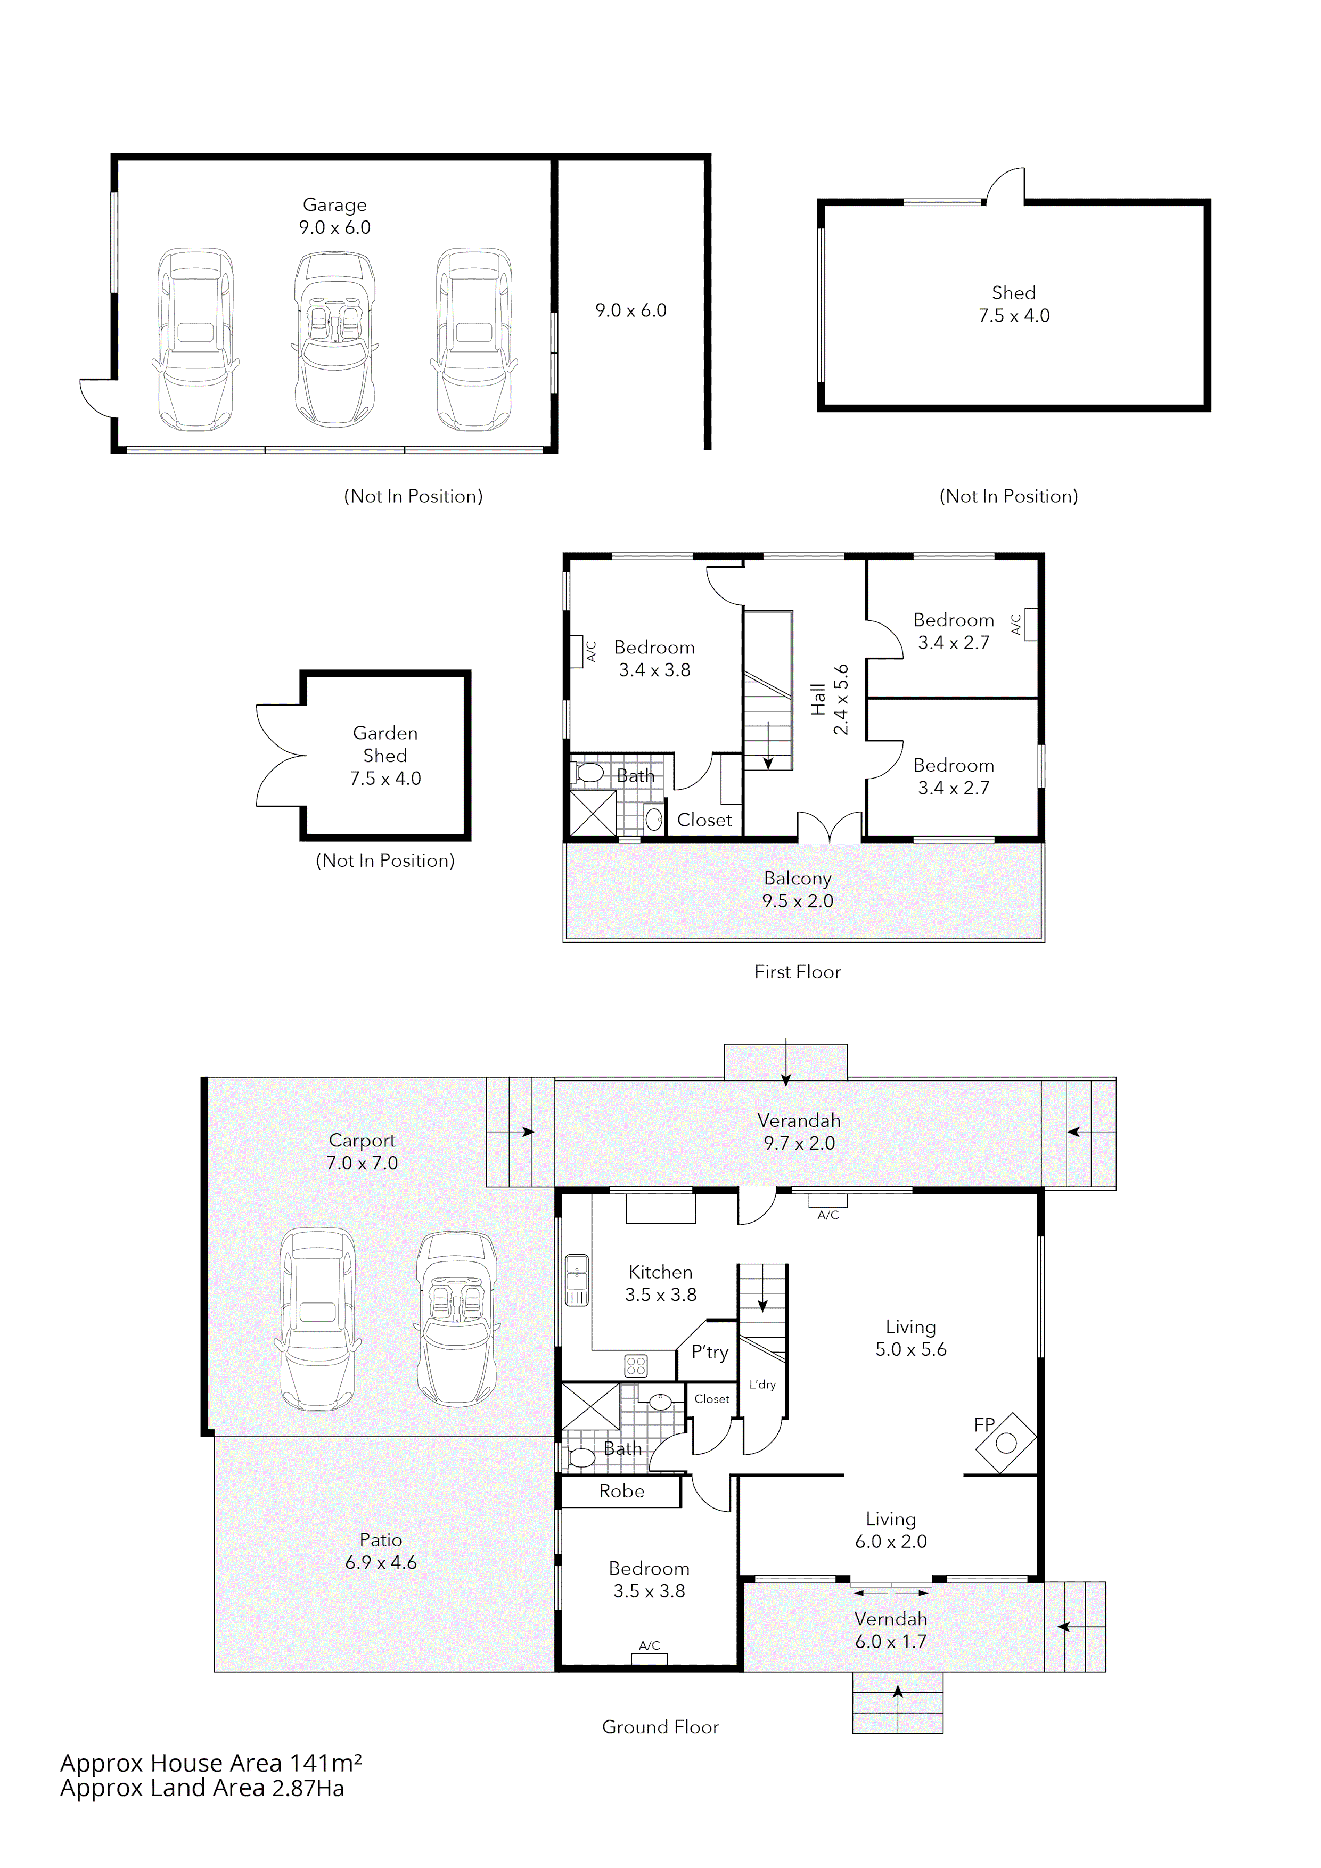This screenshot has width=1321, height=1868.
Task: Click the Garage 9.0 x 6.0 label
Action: click(x=334, y=216)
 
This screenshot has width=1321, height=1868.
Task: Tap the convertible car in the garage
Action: click(x=334, y=342)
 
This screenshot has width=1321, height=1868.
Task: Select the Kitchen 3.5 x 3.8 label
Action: click(x=660, y=1283)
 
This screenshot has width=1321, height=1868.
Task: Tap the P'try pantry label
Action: click(x=709, y=1352)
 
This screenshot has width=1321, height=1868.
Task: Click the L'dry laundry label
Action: click(x=762, y=1384)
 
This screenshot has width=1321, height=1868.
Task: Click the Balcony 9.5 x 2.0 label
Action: click(x=797, y=889)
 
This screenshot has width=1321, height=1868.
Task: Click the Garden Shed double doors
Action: click(x=281, y=756)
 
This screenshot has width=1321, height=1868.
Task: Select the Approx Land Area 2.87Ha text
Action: click(x=202, y=1788)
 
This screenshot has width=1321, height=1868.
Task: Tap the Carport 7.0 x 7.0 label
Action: click(x=362, y=1151)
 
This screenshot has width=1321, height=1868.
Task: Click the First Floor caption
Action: click(x=797, y=971)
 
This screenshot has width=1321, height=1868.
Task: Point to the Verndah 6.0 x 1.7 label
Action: click(x=891, y=1629)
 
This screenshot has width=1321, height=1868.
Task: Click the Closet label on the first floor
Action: click(x=704, y=820)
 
